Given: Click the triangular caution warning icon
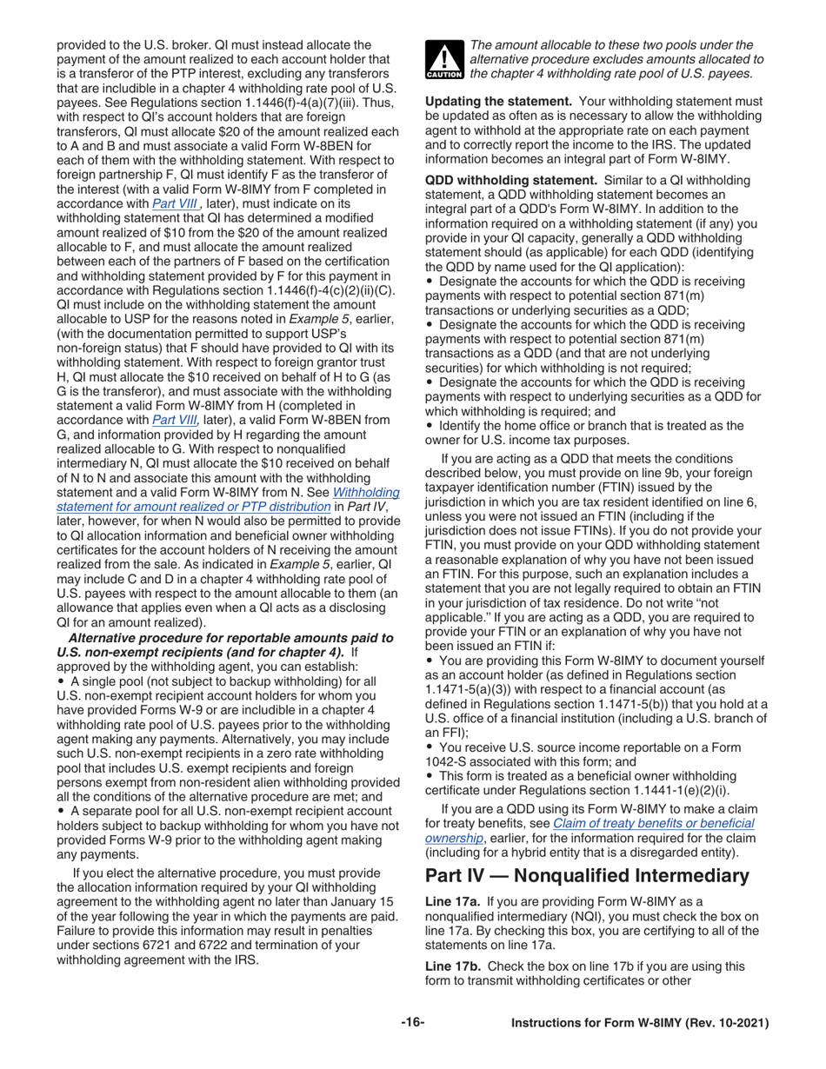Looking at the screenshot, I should coord(444,60).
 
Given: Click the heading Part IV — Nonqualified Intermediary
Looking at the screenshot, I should coord(586,875).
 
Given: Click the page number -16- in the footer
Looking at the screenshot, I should coord(413,1024).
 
